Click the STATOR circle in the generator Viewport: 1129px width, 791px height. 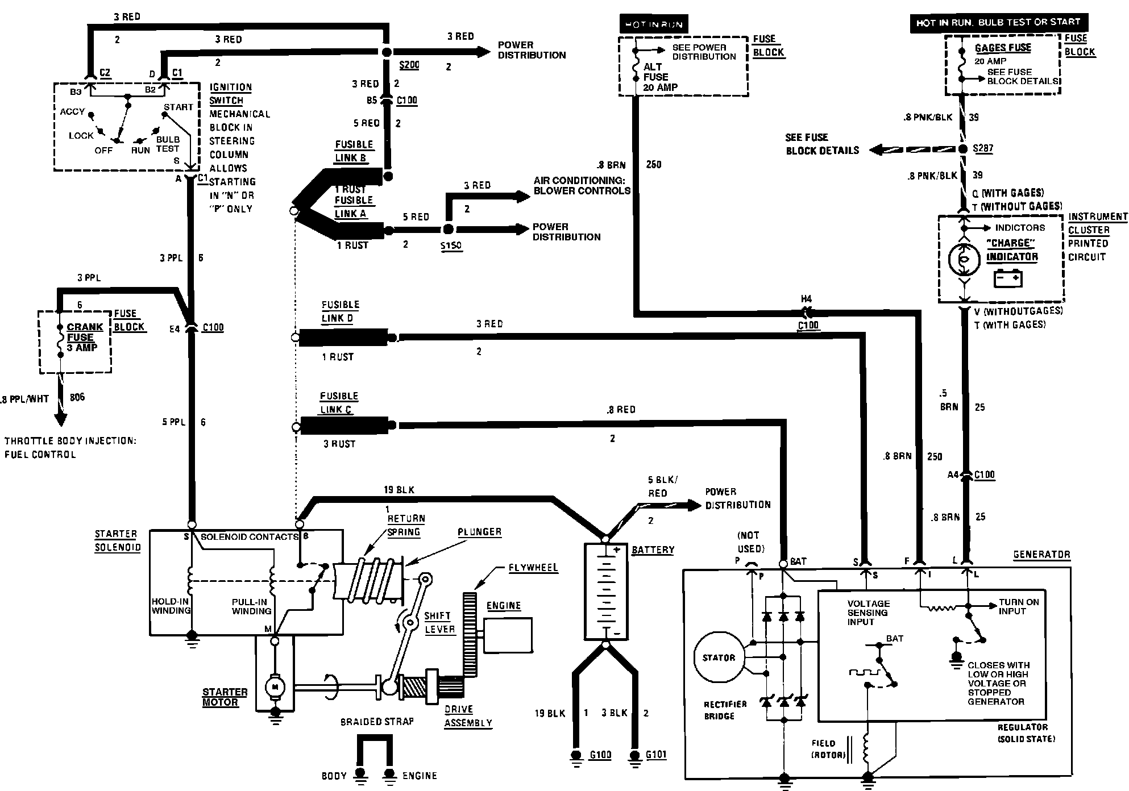point(719,657)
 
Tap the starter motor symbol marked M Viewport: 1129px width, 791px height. point(275,687)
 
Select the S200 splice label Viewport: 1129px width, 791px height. point(409,65)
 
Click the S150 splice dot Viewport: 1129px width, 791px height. point(448,230)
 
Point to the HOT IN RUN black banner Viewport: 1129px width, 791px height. point(653,24)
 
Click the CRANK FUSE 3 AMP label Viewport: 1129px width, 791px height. point(84,337)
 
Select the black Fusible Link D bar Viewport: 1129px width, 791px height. point(343,338)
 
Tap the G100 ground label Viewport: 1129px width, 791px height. point(600,755)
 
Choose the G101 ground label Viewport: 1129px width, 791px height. point(655,755)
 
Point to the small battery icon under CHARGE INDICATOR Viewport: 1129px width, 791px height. point(1008,278)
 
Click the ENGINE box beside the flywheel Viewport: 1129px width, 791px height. point(508,635)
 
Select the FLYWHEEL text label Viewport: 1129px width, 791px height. point(533,568)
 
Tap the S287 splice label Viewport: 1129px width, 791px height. point(983,148)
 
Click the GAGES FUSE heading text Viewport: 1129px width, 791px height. point(1003,48)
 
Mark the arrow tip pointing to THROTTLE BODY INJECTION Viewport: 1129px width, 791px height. point(60,423)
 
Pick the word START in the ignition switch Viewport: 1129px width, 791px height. point(179,107)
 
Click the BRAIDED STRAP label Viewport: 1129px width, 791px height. point(377,722)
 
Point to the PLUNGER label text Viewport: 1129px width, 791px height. point(479,532)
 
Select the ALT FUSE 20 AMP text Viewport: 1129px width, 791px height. point(659,77)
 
